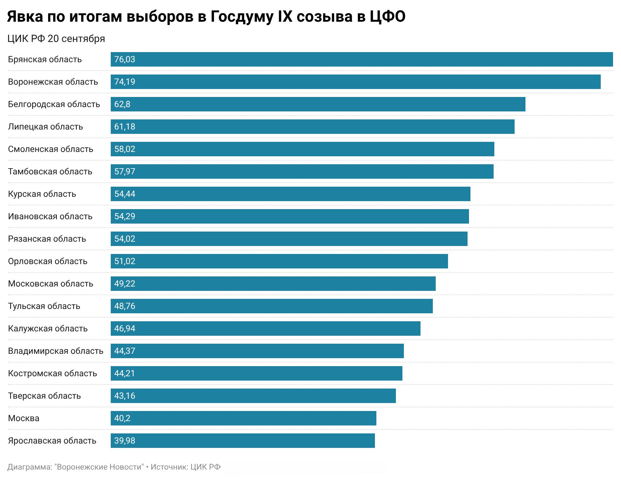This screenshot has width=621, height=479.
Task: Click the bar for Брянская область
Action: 362,59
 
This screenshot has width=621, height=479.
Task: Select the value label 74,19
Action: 124,82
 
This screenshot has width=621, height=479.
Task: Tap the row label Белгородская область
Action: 54,104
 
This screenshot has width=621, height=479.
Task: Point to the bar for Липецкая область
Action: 313,127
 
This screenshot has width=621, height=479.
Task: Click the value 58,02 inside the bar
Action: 124,149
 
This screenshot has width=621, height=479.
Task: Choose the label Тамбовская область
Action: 50,171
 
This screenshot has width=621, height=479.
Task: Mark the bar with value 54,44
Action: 291,194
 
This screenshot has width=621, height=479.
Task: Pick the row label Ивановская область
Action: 50,216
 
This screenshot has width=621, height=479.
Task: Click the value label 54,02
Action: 124,239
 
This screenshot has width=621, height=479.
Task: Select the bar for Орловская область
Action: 279,261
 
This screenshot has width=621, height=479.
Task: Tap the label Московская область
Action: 51,284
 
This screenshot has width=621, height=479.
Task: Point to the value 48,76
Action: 124,306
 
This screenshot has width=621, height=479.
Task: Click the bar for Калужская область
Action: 266,328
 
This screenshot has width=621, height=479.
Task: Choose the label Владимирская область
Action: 56,351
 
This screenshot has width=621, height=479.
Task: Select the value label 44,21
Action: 124,373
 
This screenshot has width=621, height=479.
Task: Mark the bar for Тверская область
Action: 253,396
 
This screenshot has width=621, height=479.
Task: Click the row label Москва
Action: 24,418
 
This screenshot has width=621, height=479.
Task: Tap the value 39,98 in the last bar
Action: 124,441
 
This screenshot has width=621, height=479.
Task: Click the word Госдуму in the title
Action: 241,17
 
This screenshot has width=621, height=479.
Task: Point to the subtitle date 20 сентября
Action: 76,39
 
